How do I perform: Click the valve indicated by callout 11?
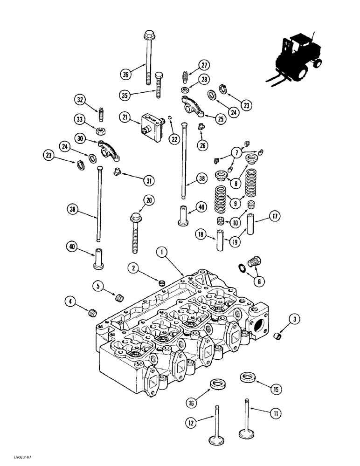click(248, 419)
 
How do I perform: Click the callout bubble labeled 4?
click(71, 302)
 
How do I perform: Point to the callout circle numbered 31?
click(149, 180)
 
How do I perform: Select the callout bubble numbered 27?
click(204, 65)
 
